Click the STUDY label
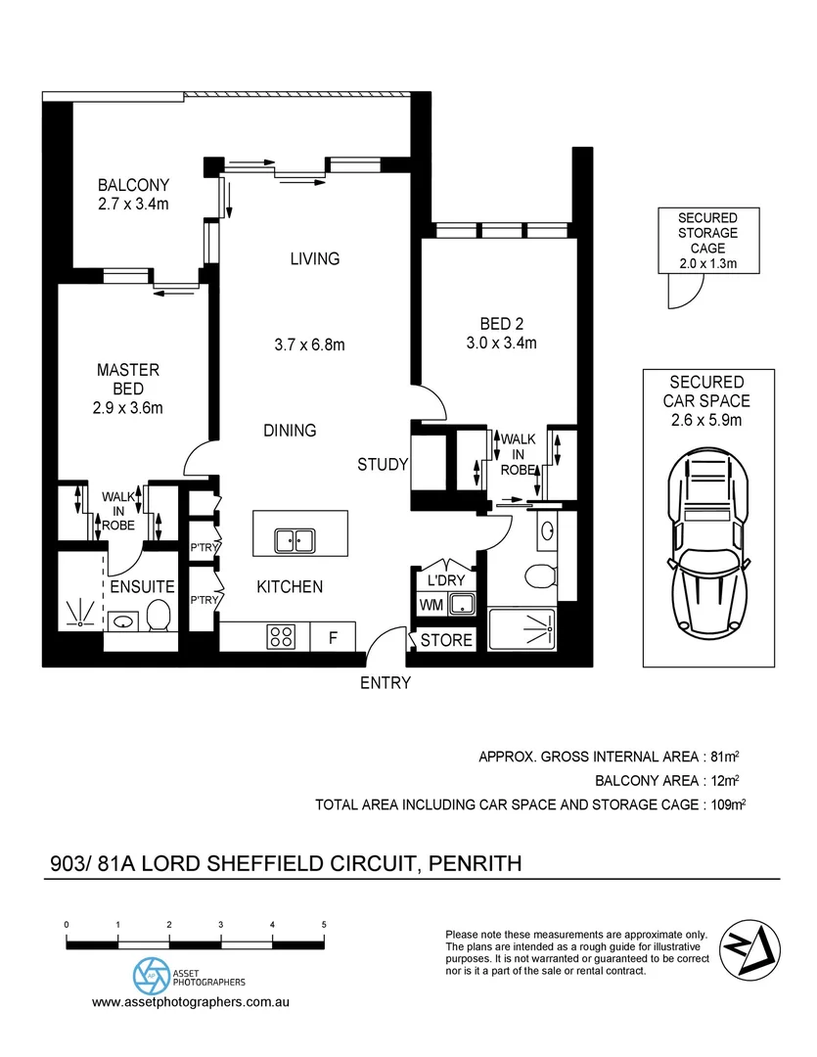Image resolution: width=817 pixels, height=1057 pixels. [382, 465]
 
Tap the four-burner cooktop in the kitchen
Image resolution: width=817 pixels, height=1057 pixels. [281, 637]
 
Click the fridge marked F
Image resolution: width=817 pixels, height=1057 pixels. [333, 638]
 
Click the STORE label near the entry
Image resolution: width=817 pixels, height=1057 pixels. [446, 641]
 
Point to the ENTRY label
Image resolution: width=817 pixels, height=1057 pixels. [386, 683]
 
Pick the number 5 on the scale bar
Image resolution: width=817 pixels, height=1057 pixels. [324, 924]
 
